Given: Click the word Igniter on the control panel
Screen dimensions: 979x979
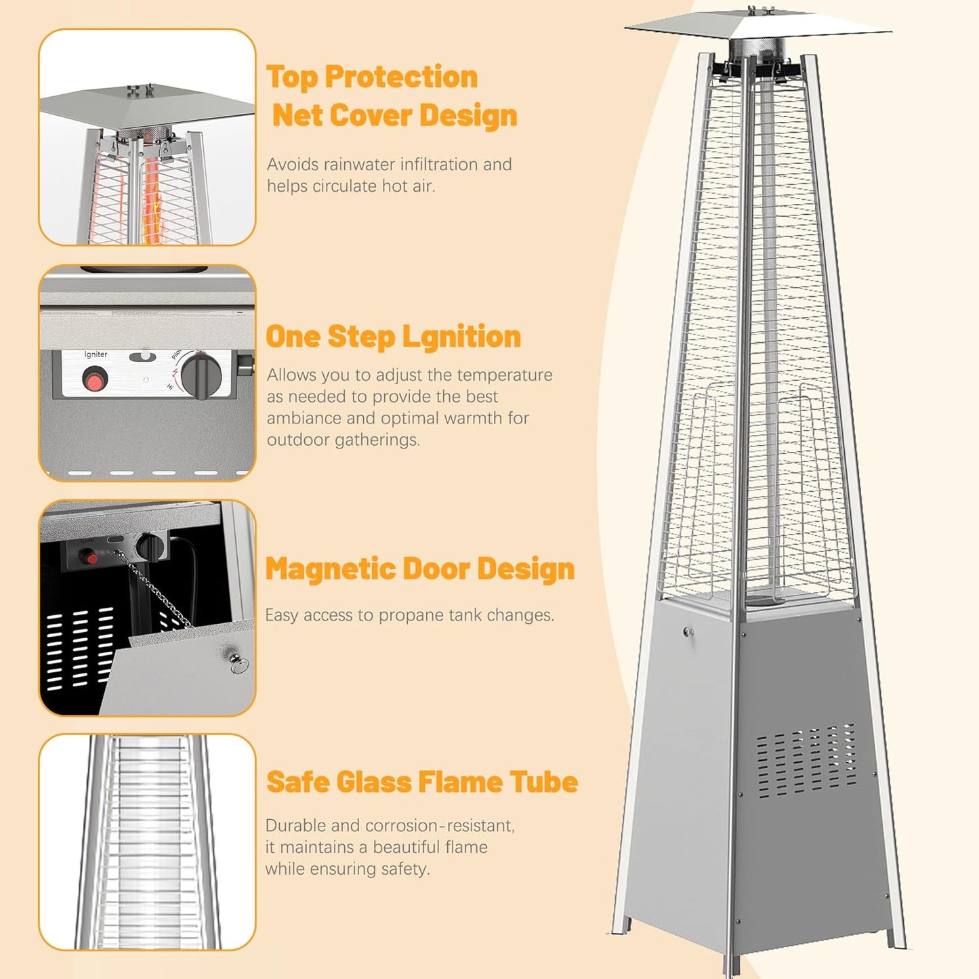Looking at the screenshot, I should (96, 354).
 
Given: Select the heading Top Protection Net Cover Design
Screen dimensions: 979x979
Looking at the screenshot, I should (391, 96).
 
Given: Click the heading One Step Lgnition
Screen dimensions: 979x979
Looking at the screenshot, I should (393, 337).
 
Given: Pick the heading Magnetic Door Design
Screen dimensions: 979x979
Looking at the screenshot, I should (419, 568).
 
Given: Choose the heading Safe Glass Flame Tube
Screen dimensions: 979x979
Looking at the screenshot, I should (421, 782).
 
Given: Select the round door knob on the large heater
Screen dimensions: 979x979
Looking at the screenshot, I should (688, 632).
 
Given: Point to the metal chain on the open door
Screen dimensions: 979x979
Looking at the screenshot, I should (156, 589).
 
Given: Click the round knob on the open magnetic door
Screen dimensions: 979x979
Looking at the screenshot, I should (239, 665).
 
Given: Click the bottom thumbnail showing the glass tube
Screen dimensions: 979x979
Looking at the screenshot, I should (147, 841).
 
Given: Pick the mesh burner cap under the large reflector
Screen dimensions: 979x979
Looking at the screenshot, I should (757, 49).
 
